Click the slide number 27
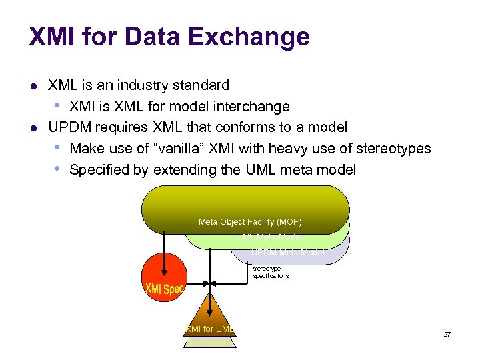447,333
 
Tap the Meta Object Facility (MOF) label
250,221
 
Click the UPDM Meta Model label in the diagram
288,253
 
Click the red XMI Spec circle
163,280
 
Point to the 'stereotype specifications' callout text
271,272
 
